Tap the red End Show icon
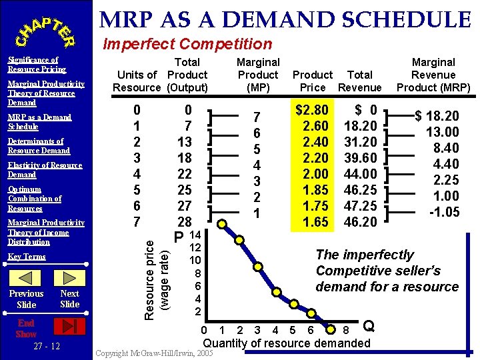click(x=69, y=326)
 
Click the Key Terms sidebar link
click(x=27, y=257)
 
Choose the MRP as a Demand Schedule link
click(x=39, y=122)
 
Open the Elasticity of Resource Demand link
click(x=45, y=170)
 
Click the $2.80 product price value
click(x=312, y=110)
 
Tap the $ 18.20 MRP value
click(x=437, y=116)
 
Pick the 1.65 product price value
click(x=315, y=222)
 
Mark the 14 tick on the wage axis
click(x=195, y=235)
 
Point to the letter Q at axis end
click(x=369, y=327)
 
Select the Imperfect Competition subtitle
click(x=187, y=45)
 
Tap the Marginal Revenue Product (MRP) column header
click(x=433, y=75)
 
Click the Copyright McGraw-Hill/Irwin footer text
click(x=155, y=352)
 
